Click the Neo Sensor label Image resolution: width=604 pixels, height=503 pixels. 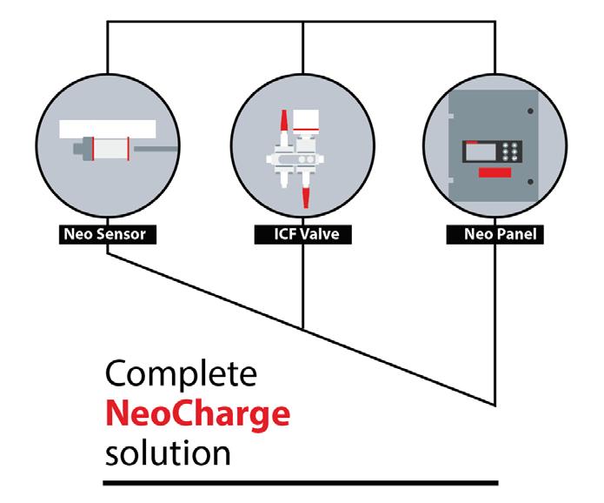107,234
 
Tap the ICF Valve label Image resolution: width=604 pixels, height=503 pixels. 302,234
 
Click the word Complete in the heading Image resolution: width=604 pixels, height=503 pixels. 183,375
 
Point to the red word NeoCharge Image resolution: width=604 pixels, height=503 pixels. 197,414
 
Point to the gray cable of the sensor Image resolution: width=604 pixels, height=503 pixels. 153,151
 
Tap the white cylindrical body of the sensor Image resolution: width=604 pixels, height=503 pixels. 110,151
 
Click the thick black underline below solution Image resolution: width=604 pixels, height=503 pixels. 301,480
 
